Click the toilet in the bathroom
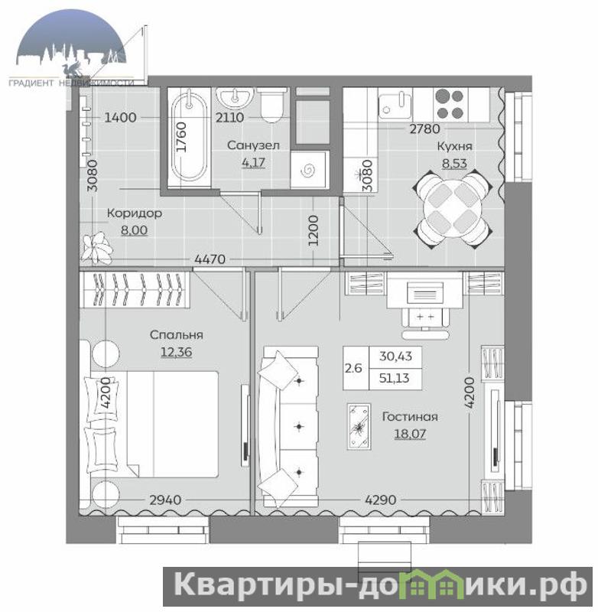click(x=271, y=104)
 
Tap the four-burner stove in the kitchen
click(x=450, y=104)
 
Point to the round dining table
click(x=453, y=209)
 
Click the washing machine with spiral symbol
click(x=308, y=170)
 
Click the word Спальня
click(x=177, y=335)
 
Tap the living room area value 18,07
click(x=410, y=434)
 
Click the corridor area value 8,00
click(x=134, y=230)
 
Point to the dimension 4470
click(x=210, y=259)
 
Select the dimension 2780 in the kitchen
click(x=425, y=129)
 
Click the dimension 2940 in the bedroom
click(x=165, y=500)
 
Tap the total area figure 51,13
click(x=395, y=378)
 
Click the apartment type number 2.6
click(x=353, y=368)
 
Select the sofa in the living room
click(x=288, y=426)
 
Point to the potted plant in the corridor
click(x=97, y=247)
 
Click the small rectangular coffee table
click(x=359, y=427)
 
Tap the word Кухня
click(x=454, y=146)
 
